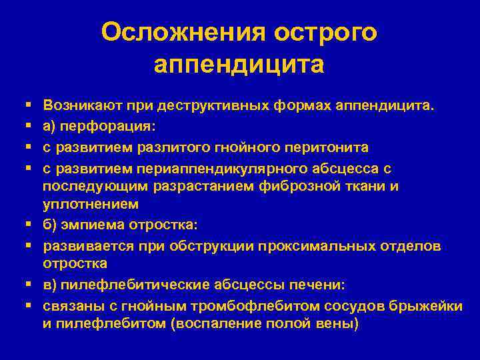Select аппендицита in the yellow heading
click(x=239, y=65)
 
